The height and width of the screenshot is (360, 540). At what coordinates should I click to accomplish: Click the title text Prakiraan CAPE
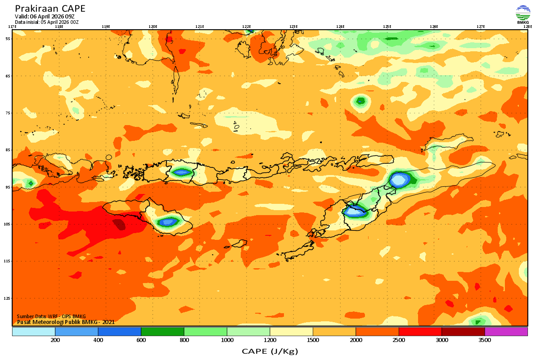pyautogui.click(x=50, y=9)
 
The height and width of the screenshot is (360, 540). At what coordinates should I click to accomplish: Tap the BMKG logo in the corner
pyautogui.click(x=523, y=15)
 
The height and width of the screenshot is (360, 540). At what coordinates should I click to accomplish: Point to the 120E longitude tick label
pyautogui.click(x=153, y=27)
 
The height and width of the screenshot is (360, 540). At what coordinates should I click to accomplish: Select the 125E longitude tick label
pyautogui.click(x=387, y=27)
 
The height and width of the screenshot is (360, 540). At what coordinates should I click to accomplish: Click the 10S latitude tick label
pyautogui.click(x=8, y=224)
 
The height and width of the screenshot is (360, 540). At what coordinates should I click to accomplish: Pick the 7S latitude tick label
pyautogui.click(x=8, y=113)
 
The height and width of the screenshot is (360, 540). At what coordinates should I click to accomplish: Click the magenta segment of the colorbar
pyautogui.click(x=506, y=332)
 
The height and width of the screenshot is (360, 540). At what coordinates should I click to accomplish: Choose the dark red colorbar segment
pyautogui.click(x=463, y=332)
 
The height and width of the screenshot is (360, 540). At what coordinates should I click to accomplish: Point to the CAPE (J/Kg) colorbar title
pyautogui.click(x=270, y=351)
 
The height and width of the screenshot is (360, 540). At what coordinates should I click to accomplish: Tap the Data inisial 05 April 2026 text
pyautogui.click(x=47, y=22)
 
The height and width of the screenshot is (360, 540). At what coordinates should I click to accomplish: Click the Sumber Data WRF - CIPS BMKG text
pyautogui.click(x=51, y=316)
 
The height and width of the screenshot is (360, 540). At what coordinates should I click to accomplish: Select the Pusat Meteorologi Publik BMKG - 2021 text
pyautogui.click(x=66, y=322)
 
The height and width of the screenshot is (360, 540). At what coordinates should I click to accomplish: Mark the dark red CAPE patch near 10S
pyautogui.click(x=119, y=224)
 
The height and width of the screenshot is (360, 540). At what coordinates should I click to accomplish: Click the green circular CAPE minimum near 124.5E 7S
pyautogui.click(x=360, y=101)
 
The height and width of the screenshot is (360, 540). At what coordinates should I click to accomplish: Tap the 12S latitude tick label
pyautogui.click(x=8, y=298)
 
